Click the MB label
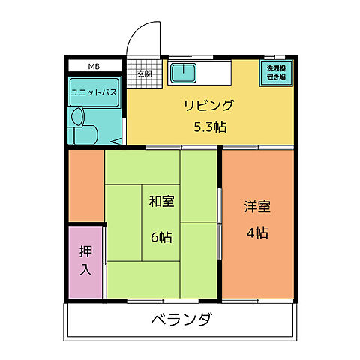(94, 67)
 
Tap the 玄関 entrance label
(144, 73)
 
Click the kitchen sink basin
(183, 73)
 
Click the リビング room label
(209, 105)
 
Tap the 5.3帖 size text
(209, 127)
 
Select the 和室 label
(161, 201)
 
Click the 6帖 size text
(161, 237)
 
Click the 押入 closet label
(85, 260)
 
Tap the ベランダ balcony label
(180, 320)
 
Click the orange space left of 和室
(85, 184)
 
